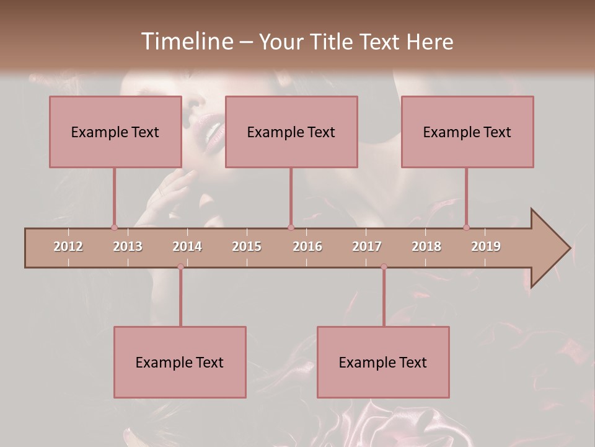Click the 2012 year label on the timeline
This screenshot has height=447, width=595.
coord(68,246)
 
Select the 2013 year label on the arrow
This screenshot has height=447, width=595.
coord(128,246)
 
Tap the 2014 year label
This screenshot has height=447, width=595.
coord(187,246)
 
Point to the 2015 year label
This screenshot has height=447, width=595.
coord(247,246)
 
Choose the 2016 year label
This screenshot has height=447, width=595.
coord(307,246)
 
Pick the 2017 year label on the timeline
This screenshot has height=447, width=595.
coord(367,246)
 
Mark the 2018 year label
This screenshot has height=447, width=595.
coord(426,246)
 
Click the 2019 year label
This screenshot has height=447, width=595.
coord(486,246)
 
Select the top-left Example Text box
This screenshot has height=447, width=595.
coord(115,132)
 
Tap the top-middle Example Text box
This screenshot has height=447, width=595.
coord(291,132)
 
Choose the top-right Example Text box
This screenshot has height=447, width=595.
coord(467,132)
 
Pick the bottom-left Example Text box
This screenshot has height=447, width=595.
coord(180,362)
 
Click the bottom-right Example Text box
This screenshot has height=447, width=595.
coord(383,362)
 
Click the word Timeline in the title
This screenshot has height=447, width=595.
coord(186,42)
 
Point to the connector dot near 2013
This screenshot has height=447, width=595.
coord(114,227)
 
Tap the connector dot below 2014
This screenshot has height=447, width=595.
coord(180,266)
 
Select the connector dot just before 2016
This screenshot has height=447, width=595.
coord(291,227)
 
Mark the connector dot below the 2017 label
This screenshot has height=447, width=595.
coord(384,266)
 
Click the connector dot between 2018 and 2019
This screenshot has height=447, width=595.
coord(466,227)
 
